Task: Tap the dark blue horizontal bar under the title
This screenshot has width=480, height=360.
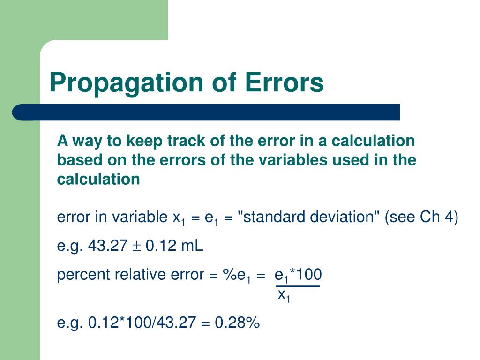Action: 206,112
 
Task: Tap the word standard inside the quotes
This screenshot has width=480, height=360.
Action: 270,217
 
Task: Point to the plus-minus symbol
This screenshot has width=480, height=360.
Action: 137,246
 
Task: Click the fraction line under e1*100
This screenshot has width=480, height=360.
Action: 298,286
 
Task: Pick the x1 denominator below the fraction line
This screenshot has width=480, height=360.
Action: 284,296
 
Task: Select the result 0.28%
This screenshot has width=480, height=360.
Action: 237,323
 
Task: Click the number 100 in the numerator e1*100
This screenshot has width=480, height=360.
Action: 309,275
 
